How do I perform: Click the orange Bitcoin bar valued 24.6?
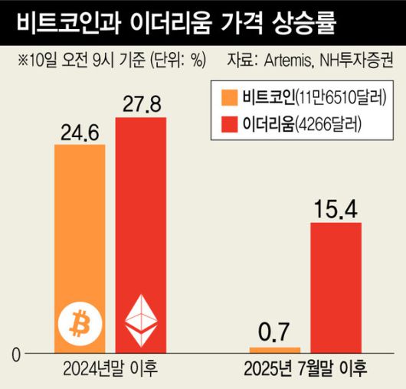tap(80, 230)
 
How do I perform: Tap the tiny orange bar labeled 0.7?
tap(273, 350)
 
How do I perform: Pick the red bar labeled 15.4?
tap(335, 287)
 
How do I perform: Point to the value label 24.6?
tap(80, 133)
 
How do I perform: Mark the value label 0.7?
tap(273, 334)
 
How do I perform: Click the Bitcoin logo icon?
tap(80, 325)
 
